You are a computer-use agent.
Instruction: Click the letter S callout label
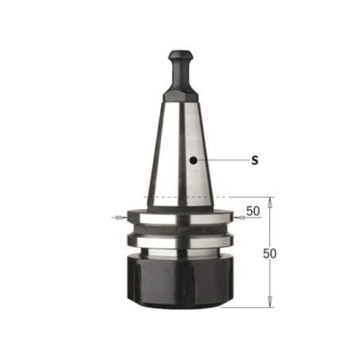point(255,160)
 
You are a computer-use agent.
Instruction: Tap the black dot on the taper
point(194,160)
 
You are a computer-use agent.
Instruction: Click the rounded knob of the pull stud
point(181,55)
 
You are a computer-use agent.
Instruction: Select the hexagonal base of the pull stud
point(181,96)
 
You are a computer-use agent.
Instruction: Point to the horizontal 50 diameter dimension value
point(253,211)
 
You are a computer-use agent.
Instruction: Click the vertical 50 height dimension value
point(270,253)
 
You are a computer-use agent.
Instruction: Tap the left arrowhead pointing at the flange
point(121,217)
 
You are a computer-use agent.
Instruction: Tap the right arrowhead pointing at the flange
point(240,217)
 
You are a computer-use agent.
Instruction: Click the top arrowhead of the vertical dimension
point(270,202)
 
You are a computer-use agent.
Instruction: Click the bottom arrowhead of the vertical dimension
point(270,302)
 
